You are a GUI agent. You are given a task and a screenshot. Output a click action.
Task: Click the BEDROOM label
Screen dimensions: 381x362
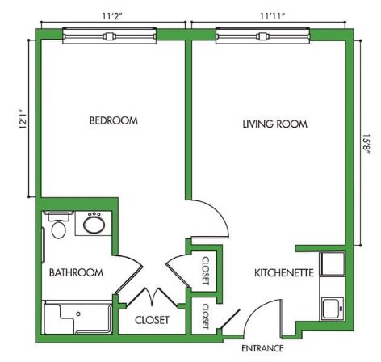114,120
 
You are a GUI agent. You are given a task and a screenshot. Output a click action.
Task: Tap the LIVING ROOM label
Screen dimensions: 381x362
275,124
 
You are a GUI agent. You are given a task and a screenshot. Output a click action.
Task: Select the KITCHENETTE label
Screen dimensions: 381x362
284,273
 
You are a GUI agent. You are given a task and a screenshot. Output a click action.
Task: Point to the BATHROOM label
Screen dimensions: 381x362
76,272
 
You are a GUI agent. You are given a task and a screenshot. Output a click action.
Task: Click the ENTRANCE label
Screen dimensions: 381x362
262,348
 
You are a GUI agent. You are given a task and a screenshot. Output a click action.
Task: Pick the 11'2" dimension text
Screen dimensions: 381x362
112,16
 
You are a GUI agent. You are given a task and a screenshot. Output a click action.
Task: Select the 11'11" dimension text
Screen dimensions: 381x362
272,16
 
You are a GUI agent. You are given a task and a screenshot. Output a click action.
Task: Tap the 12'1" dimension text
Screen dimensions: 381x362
23,119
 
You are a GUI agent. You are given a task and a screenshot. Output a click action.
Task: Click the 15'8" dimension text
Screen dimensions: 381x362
366,144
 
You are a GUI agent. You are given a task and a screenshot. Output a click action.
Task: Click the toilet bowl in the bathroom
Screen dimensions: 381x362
59,229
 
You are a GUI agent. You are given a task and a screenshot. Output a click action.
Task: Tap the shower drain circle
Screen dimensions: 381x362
78,314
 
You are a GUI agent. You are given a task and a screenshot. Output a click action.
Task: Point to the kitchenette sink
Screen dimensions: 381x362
333,309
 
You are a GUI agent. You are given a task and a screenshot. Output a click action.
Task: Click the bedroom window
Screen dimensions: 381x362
109,36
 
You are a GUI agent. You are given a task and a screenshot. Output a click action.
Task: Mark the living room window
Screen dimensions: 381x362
263,36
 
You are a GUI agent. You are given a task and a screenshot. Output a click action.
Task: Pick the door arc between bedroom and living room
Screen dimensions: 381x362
218,212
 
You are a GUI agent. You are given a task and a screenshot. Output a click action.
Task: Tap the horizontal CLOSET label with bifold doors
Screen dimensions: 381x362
152,320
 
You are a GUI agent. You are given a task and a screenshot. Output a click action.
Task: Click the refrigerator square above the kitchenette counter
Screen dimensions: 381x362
332,263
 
